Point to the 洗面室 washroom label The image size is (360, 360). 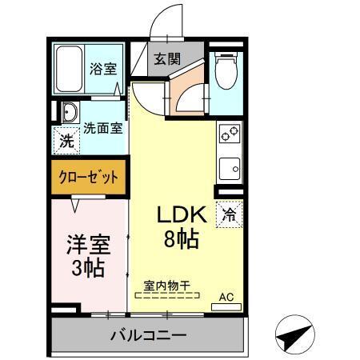(103, 127)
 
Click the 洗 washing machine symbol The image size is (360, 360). (65, 142)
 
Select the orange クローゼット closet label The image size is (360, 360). (89, 176)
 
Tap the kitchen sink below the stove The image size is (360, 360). (229, 168)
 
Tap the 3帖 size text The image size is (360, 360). (86, 268)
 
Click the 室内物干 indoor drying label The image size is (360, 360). (166, 285)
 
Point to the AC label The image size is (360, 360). (226, 298)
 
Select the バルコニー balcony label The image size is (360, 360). (148, 334)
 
